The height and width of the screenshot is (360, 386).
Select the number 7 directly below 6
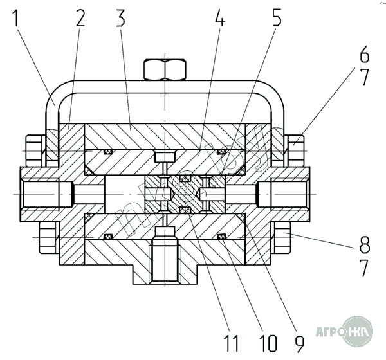(363, 78)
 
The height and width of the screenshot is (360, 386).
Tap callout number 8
(363, 245)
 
